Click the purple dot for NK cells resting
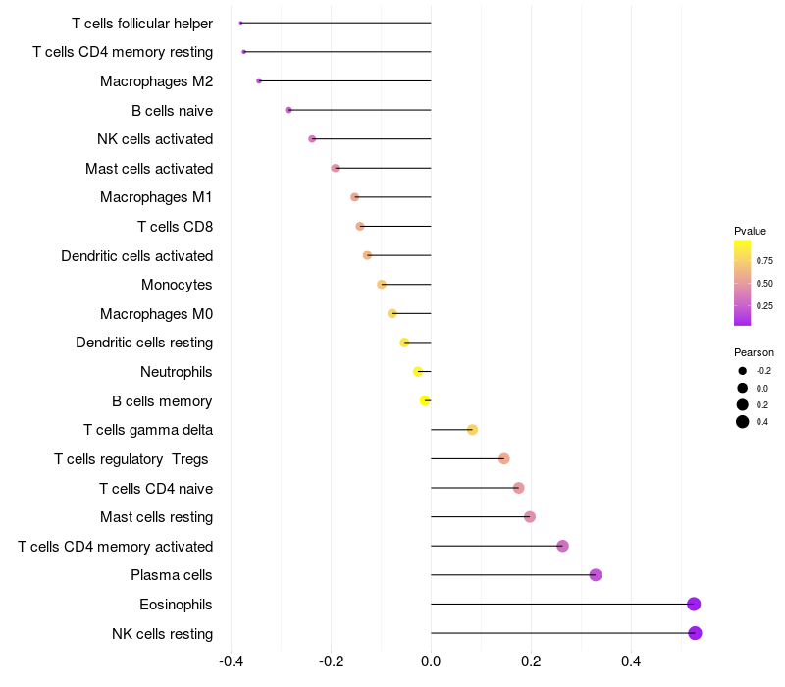(695, 633)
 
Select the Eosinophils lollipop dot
(694, 604)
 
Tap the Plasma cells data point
(596, 575)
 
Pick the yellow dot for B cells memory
(425, 400)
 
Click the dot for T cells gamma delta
(472, 430)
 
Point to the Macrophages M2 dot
(259, 80)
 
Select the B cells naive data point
(288, 110)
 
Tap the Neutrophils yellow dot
(418, 372)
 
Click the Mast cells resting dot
(530, 517)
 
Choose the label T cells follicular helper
(142, 23)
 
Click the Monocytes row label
(177, 285)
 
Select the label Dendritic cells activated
(136, 256)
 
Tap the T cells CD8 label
(175, 227)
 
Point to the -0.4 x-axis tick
(231, 661)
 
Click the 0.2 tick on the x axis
(531, 661)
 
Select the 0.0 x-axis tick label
(431, 661)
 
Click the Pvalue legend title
(750, 231)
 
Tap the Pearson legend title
(754, 352)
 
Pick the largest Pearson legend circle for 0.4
(743, 422)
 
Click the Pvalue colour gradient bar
(743, 283)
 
